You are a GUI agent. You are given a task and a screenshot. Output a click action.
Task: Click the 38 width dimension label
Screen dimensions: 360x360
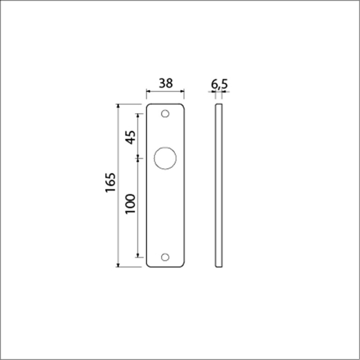(166, 83)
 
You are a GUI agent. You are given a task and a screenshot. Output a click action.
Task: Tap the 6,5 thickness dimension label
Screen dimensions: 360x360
(219, 85)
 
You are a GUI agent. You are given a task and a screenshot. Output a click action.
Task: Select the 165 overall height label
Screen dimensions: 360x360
(111, 183)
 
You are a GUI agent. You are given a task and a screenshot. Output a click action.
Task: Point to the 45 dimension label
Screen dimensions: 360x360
(130, 137)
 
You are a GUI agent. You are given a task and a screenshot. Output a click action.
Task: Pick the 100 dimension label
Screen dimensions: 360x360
(130, 204)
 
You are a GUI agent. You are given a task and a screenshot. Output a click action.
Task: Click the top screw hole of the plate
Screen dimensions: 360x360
(165, 114)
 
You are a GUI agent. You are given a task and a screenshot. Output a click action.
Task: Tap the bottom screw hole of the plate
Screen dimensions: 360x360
(165, 257)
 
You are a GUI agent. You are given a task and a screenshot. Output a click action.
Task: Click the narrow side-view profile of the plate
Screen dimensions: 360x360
(219, 186)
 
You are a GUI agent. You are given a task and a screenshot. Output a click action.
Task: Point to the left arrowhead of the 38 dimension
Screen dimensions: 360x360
(148, 91)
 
